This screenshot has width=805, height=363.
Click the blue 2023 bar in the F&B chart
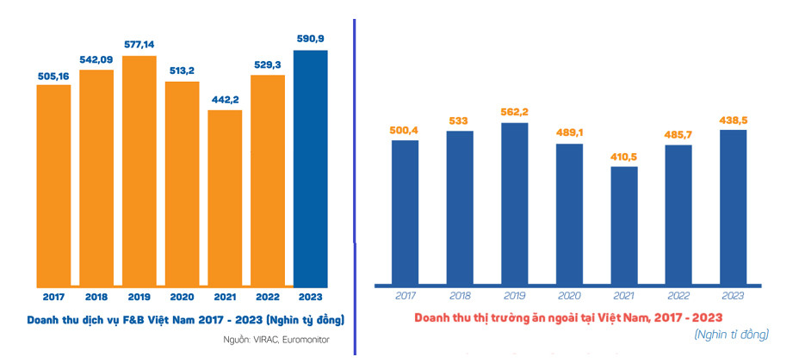[x=311, y=168]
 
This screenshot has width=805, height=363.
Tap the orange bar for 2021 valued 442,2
[x=225, y=198]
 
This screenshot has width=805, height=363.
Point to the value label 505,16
[x=53, y=76]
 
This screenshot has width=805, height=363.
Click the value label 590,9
[x=311, y=40]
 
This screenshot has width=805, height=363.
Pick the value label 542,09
[x=96, y=60]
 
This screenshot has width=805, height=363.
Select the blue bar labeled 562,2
[x=514, y=202]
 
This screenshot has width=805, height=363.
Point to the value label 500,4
[x=405, y=130]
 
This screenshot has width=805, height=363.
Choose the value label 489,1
[x=569, y=133]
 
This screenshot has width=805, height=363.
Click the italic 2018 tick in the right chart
[x=460, y=296]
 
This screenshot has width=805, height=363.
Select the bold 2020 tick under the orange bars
[x=182, y=296]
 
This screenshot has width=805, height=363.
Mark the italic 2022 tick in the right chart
[x=679, y=296]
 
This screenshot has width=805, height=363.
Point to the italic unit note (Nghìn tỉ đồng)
[x=731, y=334]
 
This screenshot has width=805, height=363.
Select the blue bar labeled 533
[x=460, y=207]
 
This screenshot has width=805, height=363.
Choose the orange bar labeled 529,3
[x=268, y=181]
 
